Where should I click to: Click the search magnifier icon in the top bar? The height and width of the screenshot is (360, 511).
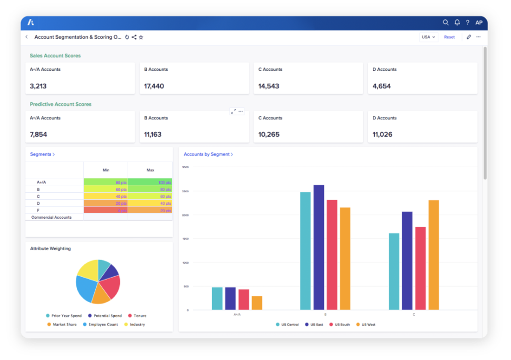click(x=446, y=22)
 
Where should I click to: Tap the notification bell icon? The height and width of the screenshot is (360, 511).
click(x=457, y=22)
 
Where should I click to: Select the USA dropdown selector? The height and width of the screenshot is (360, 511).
click(x=429, y=37)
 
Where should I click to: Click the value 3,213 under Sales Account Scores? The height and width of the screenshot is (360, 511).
click(x=38, y=86)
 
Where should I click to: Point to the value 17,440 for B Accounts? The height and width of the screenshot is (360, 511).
click(x=154, y=86)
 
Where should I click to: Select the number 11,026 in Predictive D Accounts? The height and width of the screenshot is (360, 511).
click(x=382, y=135)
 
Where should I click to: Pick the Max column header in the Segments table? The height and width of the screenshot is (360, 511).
click(x=150, y=170)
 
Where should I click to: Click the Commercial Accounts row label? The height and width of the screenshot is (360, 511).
click(x=51, y=217)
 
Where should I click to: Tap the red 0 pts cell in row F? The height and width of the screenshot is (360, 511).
click(x=106, y=211)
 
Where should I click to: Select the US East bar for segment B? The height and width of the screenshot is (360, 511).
click(x=319, y=247)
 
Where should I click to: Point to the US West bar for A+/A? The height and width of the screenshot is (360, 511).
click(x=256, y=303)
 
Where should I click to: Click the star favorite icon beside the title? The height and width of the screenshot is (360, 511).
click(x=141, y=37)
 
